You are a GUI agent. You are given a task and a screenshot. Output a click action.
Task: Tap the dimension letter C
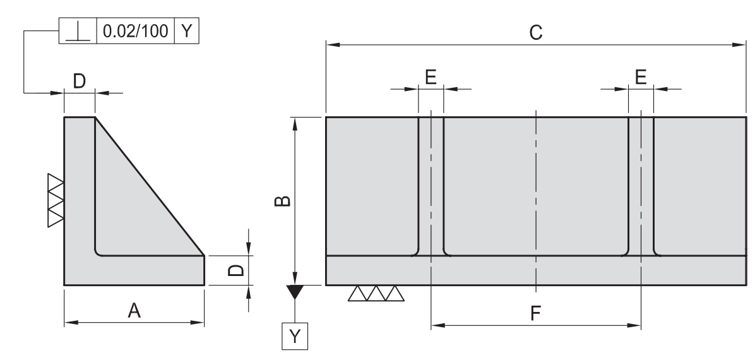pos(536,32)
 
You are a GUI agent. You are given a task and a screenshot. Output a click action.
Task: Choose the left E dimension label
pos(431,76)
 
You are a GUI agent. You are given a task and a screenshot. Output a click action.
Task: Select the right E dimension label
pos(641,76)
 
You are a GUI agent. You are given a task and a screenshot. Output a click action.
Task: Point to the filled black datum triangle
pos(295,292)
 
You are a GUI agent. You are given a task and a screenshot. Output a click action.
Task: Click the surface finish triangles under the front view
pos(376,294)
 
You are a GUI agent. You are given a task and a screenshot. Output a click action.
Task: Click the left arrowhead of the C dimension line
pos(331,45)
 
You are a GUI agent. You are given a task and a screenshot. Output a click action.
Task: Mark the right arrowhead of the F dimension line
pos(636,326)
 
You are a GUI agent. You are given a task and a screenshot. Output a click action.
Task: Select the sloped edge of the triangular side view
pos(150,186)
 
